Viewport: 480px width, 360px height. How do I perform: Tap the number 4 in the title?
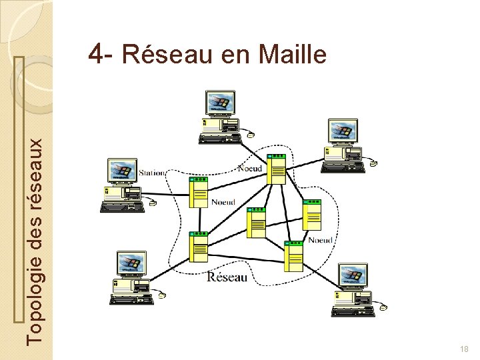97,54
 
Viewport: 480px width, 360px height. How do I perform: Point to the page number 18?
465,350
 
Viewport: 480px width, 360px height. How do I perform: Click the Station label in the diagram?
152,173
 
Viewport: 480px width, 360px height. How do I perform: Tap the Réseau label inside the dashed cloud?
227,277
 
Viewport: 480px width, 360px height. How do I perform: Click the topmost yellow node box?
276,169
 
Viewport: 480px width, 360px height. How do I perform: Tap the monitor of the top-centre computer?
221,103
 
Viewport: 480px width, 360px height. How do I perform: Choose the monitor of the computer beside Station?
123,171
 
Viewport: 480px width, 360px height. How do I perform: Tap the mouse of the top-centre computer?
250,135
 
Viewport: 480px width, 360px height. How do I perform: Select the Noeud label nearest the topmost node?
251,169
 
